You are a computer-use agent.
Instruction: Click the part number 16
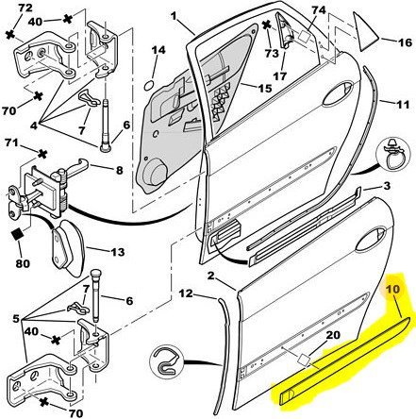[x=405, y=42]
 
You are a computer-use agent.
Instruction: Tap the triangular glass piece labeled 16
[x=365, y=33]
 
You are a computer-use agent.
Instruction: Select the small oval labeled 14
[x=150, y=85]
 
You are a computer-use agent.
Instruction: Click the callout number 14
[x=158, y=50]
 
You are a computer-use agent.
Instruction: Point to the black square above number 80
[x=18, y=235]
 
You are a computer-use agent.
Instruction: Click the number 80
[x=23, y=262]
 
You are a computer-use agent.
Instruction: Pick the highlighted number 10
[x=392, y=289]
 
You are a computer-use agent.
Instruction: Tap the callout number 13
[x=117, y=252]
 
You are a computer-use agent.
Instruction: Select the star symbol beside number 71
[x=42, y=154]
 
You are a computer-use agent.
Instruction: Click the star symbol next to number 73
[x=267, y=25]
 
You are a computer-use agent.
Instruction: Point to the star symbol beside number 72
[x=10, y=35]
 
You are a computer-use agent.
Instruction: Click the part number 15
[x=264, y=88]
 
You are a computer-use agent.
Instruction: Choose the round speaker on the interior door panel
[x=155, y=173]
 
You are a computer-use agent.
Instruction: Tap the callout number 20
[x=333, y=335]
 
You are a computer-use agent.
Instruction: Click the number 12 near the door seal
[x=186, y=293]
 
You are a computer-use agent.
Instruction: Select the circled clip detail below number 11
[x=393, y=155]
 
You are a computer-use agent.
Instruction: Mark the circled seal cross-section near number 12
[x=166, y=361]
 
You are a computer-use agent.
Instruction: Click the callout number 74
[x=319, y=10]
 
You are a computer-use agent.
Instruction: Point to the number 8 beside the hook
[x=119, y=170]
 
